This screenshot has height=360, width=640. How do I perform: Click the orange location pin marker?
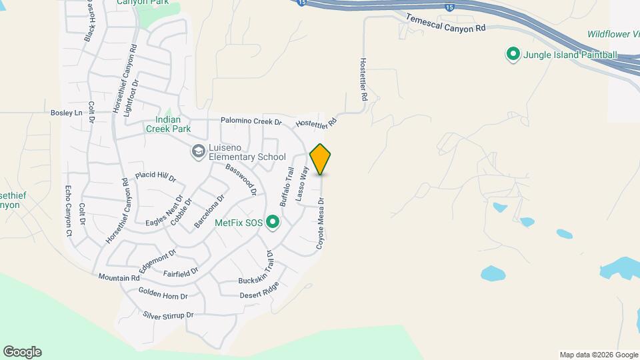pyautogui.click(x=321, y=159)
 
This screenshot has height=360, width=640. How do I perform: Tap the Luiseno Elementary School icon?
pyautogui.click(x=198, y=152)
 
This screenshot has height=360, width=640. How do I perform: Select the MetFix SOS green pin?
pyautogui.click(x=273, y=222)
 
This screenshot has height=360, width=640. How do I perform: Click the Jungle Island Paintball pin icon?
pyautogui.click(x=513, y=54)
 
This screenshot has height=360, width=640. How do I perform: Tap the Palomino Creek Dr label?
pyautogui.click(x=252, y=122)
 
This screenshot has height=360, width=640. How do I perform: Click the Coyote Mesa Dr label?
pyautogui.click(x=321, y=224)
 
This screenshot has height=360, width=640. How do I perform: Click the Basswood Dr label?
pyautogui.click(x=241, y=179)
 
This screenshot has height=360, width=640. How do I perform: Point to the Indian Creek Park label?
pyautogui.click(x=169, y=124)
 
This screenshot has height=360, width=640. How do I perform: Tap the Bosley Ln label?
pyautogui.click(x=66, y=113)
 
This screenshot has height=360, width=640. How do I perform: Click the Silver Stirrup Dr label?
pyautogui.click(x=167, y=315)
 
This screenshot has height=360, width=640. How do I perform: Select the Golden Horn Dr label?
pyautogui.click(x=163, y=294)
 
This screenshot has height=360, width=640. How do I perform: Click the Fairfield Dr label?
pyautogui.click(x=181, y=273)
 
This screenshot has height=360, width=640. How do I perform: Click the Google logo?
pyautogui.click(x=22, y=351)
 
